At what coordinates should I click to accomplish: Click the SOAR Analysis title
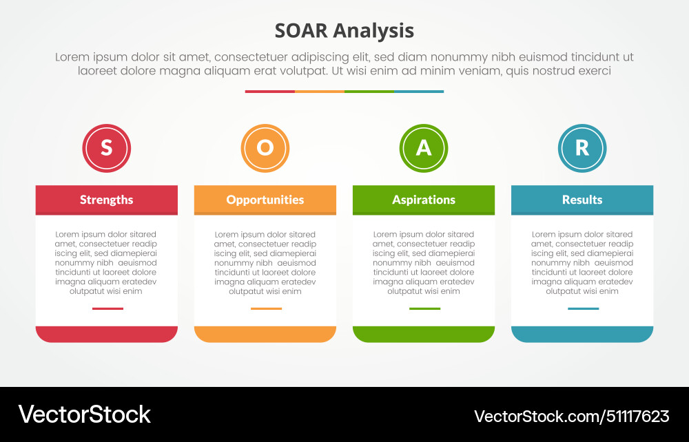(344, 31)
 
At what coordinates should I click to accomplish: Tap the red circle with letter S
(106, 148)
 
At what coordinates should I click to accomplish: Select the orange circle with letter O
(265, 148)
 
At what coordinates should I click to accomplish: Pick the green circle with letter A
(424, 148)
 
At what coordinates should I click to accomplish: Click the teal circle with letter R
(582, 148)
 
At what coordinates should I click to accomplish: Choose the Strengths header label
(106, 200)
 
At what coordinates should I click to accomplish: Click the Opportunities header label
(265, 200)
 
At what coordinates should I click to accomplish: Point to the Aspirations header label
(424, 200)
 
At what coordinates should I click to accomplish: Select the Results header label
(582, 200)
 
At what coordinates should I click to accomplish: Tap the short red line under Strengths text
(107, 308)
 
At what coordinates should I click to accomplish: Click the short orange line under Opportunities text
(266, 308)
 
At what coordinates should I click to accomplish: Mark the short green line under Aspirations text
(424, 308)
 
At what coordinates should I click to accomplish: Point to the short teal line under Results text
(583, 308)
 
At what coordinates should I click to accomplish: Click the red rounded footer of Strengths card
(106, 334)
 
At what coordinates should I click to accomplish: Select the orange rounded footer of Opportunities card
(265, 334)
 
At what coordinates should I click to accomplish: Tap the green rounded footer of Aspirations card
(424, 334)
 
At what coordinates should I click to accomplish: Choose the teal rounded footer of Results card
(582, 334)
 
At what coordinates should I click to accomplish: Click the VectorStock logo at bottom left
(84, 414)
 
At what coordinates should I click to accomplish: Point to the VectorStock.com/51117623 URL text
(571, 416)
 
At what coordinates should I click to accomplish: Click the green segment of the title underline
(369, 91)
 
